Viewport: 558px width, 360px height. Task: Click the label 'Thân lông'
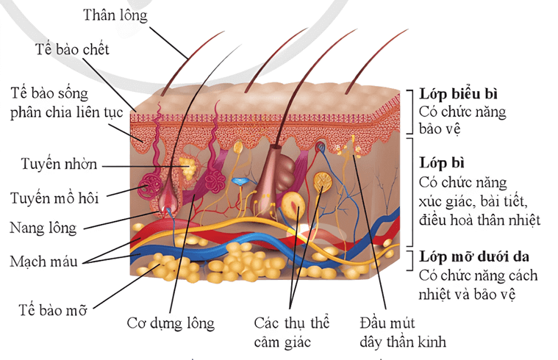click(115, 15)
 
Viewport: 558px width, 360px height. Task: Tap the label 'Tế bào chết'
click(72, 49)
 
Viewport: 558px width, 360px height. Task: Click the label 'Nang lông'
click(42, 228)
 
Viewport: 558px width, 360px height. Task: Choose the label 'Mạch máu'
click(42, 261)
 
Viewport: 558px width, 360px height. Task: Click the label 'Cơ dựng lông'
click(170, 323)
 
